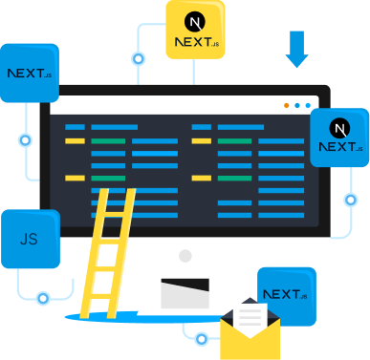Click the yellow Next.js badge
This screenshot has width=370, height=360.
click(x=195, y=30)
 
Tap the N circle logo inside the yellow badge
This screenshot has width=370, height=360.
click(x=195, y=19)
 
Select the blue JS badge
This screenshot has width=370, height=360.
click(x=30, y=238)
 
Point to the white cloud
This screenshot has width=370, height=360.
click(x=304, y=24)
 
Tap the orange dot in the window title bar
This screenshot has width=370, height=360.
click(x=286, y=105)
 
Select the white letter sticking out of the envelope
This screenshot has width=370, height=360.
click(x=250, y=311)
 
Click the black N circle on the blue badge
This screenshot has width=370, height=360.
click(x=338, y=126)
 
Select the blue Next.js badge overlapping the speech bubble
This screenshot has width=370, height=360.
click(x=29, y=73)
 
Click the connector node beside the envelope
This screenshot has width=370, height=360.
click(x=201, y=338)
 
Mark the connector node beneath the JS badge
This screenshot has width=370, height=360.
click(x=43, y=298)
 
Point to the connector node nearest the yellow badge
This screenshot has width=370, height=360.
click(x=140, y=58)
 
